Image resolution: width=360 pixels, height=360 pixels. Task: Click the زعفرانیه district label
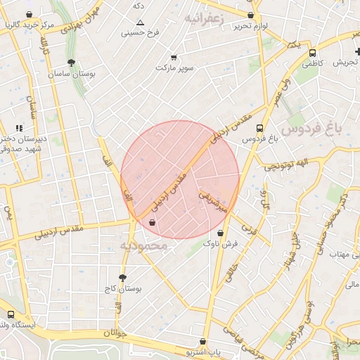pyautogui.click(x=203, y=17)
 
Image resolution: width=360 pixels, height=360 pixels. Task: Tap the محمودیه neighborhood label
pyautogui.click(x=143, y=246)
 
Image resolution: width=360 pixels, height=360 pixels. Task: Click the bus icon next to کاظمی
pyautogui.click(x=312, y=53)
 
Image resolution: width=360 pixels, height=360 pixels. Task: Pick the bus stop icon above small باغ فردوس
pyautogui.click(x=260, y=129)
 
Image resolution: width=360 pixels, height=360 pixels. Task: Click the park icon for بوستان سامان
pyautogui.click(x=71, y=63)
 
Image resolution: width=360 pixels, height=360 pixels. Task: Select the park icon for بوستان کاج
pyautogui.click(x=122, y=278)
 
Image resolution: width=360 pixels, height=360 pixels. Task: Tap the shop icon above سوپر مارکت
pyautogui.click(x=174, y=57)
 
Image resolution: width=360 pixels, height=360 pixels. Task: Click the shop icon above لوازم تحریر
pyautogui.click(x=251, y=14)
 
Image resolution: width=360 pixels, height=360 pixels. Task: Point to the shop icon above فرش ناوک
pyautogui.click(x=221, y=233)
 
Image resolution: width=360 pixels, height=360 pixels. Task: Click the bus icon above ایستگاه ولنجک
pyautogui.click(x=11, y=315)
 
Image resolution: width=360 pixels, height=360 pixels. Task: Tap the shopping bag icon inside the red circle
pyautogui.click(x=152, y=223)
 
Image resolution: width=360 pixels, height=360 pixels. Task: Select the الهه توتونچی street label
pyautogui.click(x=285, y=165)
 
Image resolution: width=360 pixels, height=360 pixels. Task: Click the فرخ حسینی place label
pyautogui.click(x=137, y=32)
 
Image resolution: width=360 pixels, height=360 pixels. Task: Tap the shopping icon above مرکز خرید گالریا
pyautogui.click(x=28, y=15)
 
